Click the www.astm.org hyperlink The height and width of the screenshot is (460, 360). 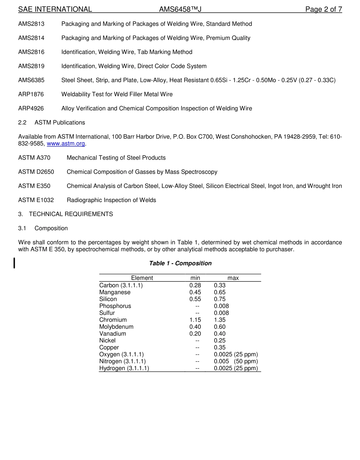[x=66, y=144]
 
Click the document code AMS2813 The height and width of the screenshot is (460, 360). [x=31, y=24]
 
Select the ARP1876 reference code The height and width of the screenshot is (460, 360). [x=31, y=94]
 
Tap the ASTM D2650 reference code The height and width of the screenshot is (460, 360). [x=36, y=172]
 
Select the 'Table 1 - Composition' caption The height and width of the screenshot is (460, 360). [x=180, y=263]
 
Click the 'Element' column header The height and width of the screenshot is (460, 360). [x=142, y=278]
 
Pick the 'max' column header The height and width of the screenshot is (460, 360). [x=233, y=278]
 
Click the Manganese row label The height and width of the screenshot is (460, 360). [x=115, y=292]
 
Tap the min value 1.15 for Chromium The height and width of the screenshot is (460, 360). [x=195, y=320]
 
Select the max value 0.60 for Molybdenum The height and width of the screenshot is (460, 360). [x=220, y=327]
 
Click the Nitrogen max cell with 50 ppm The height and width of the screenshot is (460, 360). [x=236, y=361]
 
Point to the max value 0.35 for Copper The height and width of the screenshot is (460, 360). [x=220, y=347]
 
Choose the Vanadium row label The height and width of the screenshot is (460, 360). [x=113, y=334]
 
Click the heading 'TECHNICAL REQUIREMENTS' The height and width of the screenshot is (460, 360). [x=71, y=214]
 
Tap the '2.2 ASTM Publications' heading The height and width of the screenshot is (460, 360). [x=52, y=122]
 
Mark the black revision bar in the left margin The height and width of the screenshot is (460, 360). [x=14, y=263]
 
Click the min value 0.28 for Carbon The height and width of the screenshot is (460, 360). [x=195, y=286]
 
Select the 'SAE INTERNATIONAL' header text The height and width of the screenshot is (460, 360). [x=55, y=9]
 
